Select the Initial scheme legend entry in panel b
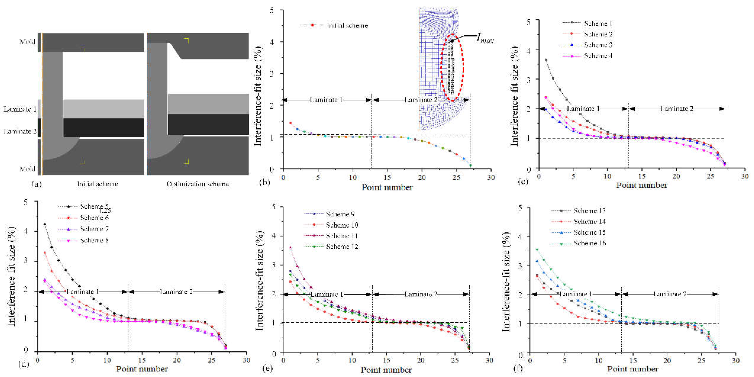[x=347, y=25]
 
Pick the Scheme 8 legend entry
[x=94, y=241]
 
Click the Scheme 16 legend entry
[x=590, y=243]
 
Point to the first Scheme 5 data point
[x=44, y=224]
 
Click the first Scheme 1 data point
[x=546, y=60]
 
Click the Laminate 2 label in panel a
[x=20, y=131]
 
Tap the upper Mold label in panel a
[x=27, y=42]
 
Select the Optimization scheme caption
[x=198, y=184]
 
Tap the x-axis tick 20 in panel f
[x=667, y=361]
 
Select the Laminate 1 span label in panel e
[x=327, y=294]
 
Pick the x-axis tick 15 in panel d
[x=142, y=360]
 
